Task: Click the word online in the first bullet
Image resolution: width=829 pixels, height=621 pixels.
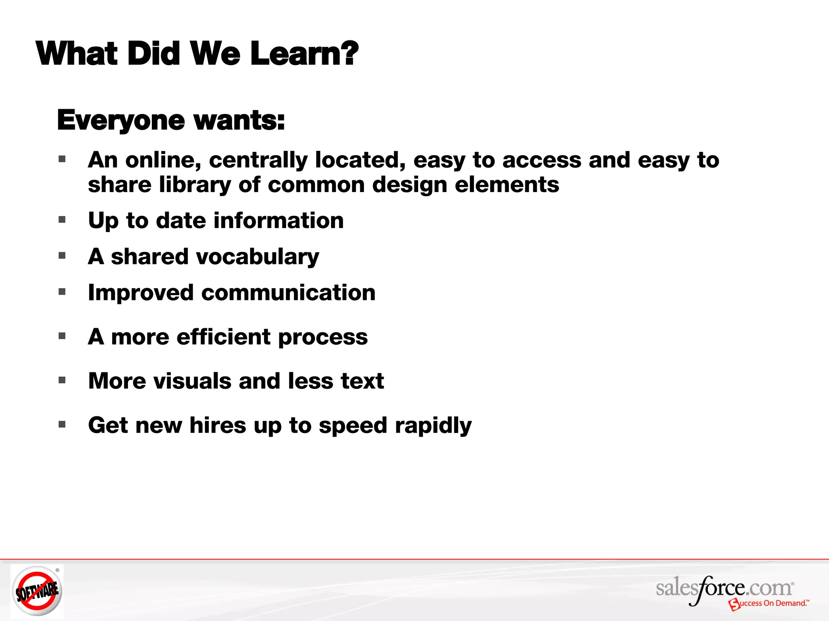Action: click(163, 160)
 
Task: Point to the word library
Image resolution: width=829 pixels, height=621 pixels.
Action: click(195, 185)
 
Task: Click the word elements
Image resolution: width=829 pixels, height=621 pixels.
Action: click(507, 185)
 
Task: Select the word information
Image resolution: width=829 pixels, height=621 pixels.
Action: click(278, 221)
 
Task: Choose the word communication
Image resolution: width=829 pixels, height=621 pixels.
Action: click(288, 293)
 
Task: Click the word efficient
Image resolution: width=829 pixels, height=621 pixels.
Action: click(223, 337)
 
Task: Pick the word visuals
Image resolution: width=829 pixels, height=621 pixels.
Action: click(192, 381)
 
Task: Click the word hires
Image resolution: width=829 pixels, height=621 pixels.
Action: click(218, 425)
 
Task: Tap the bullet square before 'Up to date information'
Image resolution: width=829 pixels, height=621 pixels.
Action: click(62, 220)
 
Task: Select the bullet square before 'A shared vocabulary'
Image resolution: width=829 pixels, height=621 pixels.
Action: click(62, 256)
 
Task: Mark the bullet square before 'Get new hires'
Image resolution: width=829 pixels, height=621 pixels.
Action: click(62, 425)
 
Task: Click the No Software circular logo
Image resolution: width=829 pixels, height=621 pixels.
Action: click(37, 591)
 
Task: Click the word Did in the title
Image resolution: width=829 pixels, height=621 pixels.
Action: click(154, 54)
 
